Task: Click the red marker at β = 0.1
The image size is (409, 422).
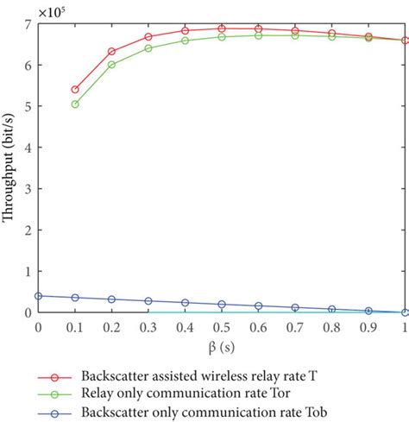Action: click(75, 90)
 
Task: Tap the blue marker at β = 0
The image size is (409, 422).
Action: click(38, 295)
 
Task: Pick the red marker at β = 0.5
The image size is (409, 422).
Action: click(222, 28)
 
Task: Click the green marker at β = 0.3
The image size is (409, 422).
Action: click(148, 48)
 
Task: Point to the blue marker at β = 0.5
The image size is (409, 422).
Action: click(222, 304)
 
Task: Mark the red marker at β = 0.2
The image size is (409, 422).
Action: click(111, 52)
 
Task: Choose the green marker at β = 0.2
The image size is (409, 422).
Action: click(111, 65)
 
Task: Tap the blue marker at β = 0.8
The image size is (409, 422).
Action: click(332, 309)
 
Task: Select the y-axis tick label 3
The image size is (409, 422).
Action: click(28, 189)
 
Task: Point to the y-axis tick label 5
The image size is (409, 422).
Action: click(28, 107)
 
